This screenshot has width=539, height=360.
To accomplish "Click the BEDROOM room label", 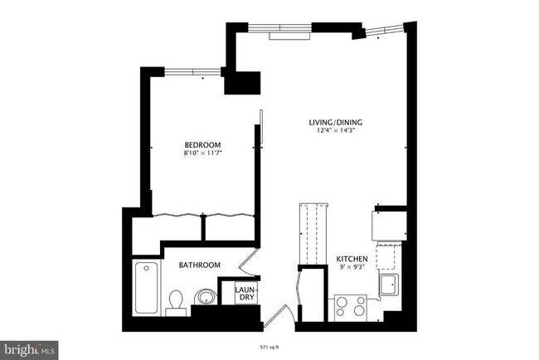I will (x=202, y=144).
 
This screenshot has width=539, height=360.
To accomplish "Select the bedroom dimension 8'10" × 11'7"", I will (x=202, y=153).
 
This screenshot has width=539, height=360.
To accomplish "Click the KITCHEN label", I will (x=352, y=260).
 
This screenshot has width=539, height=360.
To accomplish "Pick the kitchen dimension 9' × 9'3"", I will (x=352, y=268).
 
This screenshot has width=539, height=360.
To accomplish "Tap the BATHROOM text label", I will (x=199, y=265).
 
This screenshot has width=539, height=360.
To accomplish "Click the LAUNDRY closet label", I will (x=245, y=294).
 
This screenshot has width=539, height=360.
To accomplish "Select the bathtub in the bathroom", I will (x=147, y=287).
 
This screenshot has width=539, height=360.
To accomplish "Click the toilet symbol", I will (x=175, y=301).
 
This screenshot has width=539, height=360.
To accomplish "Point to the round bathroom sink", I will (x=204, y=298).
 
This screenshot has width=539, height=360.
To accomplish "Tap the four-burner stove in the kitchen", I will (x=350, y=306).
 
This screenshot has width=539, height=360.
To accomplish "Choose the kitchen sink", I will (x=387, y=285).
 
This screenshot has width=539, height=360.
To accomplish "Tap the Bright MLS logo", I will (x=30, y=348).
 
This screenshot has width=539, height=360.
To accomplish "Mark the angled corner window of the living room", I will (x=383, y=32).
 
